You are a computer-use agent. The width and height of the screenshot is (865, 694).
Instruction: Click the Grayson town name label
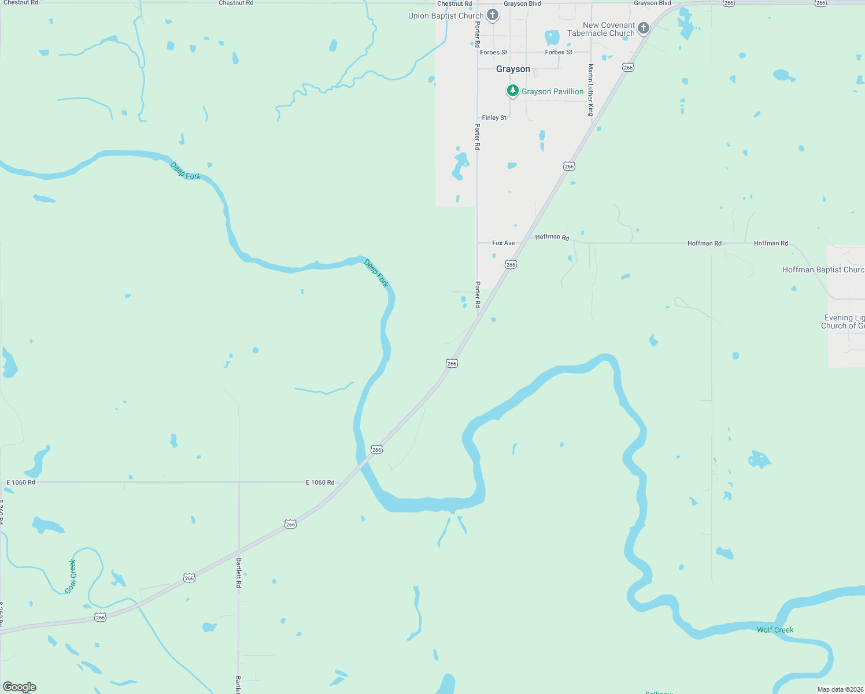click(x=513, y=69)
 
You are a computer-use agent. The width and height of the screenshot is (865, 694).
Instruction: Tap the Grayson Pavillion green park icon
click(x=512, y=91)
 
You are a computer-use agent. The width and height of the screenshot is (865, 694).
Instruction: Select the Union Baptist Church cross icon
click(x=493, y=15)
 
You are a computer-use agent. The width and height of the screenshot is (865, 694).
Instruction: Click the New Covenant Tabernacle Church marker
click(x=643, y=28)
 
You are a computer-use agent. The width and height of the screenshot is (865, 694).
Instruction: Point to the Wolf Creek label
click(x=775, y=630)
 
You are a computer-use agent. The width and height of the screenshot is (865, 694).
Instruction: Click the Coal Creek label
click(x=71, y=576)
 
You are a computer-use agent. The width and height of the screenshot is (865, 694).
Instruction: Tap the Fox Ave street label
click(x=503, y=243)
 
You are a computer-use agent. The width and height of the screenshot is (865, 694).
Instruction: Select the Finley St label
click(x=494, y=117)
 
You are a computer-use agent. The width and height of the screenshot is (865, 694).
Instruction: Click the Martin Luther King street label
click(x=591, y=90)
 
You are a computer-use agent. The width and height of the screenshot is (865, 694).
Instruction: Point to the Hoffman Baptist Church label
click(x=823, y=270)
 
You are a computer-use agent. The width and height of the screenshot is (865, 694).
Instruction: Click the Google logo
click(x=20, y=687)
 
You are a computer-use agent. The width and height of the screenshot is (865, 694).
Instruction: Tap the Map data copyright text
click(x=840, y=689)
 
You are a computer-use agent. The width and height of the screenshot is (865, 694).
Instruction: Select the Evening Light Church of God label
click(x=843, y=322)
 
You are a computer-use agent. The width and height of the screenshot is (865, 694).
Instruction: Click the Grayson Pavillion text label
click(x=552, y=91)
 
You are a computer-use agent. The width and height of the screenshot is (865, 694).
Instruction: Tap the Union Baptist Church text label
click(x=445, y=16)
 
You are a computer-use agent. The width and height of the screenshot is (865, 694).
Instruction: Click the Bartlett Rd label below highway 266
click(x=238, y=573)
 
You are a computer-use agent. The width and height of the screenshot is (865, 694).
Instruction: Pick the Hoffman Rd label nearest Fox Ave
click(x=552, y=237)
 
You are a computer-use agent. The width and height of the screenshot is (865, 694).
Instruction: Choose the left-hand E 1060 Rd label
click(x=21, y=482)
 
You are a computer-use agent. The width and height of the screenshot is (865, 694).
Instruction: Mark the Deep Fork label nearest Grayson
click(x=376, y=274)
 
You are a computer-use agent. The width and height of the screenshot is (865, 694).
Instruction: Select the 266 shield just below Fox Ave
click(x=511, y=264)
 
